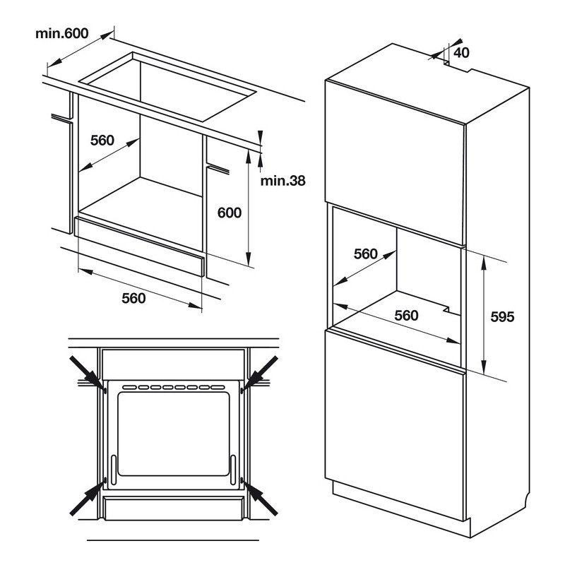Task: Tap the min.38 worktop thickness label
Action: click(282, 180)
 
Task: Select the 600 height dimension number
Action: click(230, 213)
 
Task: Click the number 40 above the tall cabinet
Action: click(462, 52)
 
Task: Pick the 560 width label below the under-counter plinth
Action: click(133, 298)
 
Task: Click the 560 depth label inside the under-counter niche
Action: click(102, 140)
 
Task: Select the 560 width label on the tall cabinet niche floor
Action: click(405, 315)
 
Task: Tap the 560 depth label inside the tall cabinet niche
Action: click(366, 254)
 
